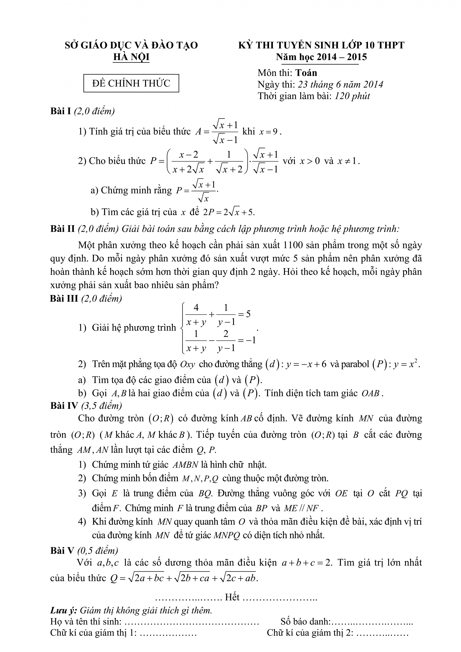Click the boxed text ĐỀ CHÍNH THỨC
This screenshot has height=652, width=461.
[x=131, y=83]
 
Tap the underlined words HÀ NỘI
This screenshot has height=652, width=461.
[x=131, y=57]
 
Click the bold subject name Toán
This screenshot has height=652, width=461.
[x=306, y=73]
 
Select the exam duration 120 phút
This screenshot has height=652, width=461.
[x=352, y=96]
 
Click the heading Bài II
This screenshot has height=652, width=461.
[x=62, y=229]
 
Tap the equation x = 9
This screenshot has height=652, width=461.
[x=269, y=132]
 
